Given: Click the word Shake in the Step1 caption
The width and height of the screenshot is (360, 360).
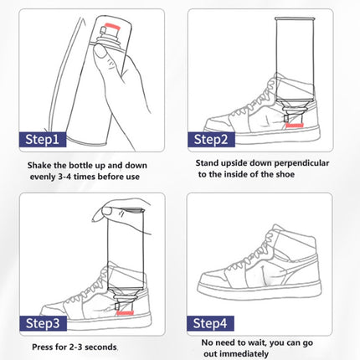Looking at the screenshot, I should pos(43,166).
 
